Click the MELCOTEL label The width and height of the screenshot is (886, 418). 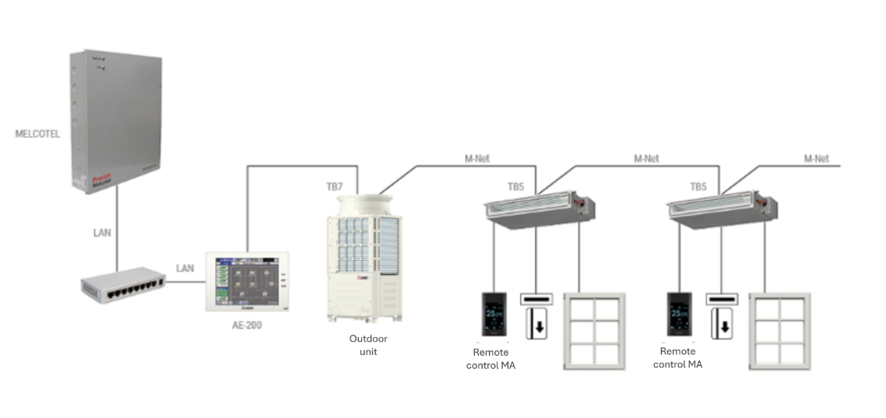37,134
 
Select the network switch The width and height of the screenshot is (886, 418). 123,284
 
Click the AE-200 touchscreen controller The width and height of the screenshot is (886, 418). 246,281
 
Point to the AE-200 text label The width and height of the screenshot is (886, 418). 246,325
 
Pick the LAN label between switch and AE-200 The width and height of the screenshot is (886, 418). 185,269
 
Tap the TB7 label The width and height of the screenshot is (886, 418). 336,187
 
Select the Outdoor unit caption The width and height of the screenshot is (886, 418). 367,345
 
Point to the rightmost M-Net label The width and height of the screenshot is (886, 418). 816,158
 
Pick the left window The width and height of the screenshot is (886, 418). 594,332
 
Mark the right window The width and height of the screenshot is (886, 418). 779,332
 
